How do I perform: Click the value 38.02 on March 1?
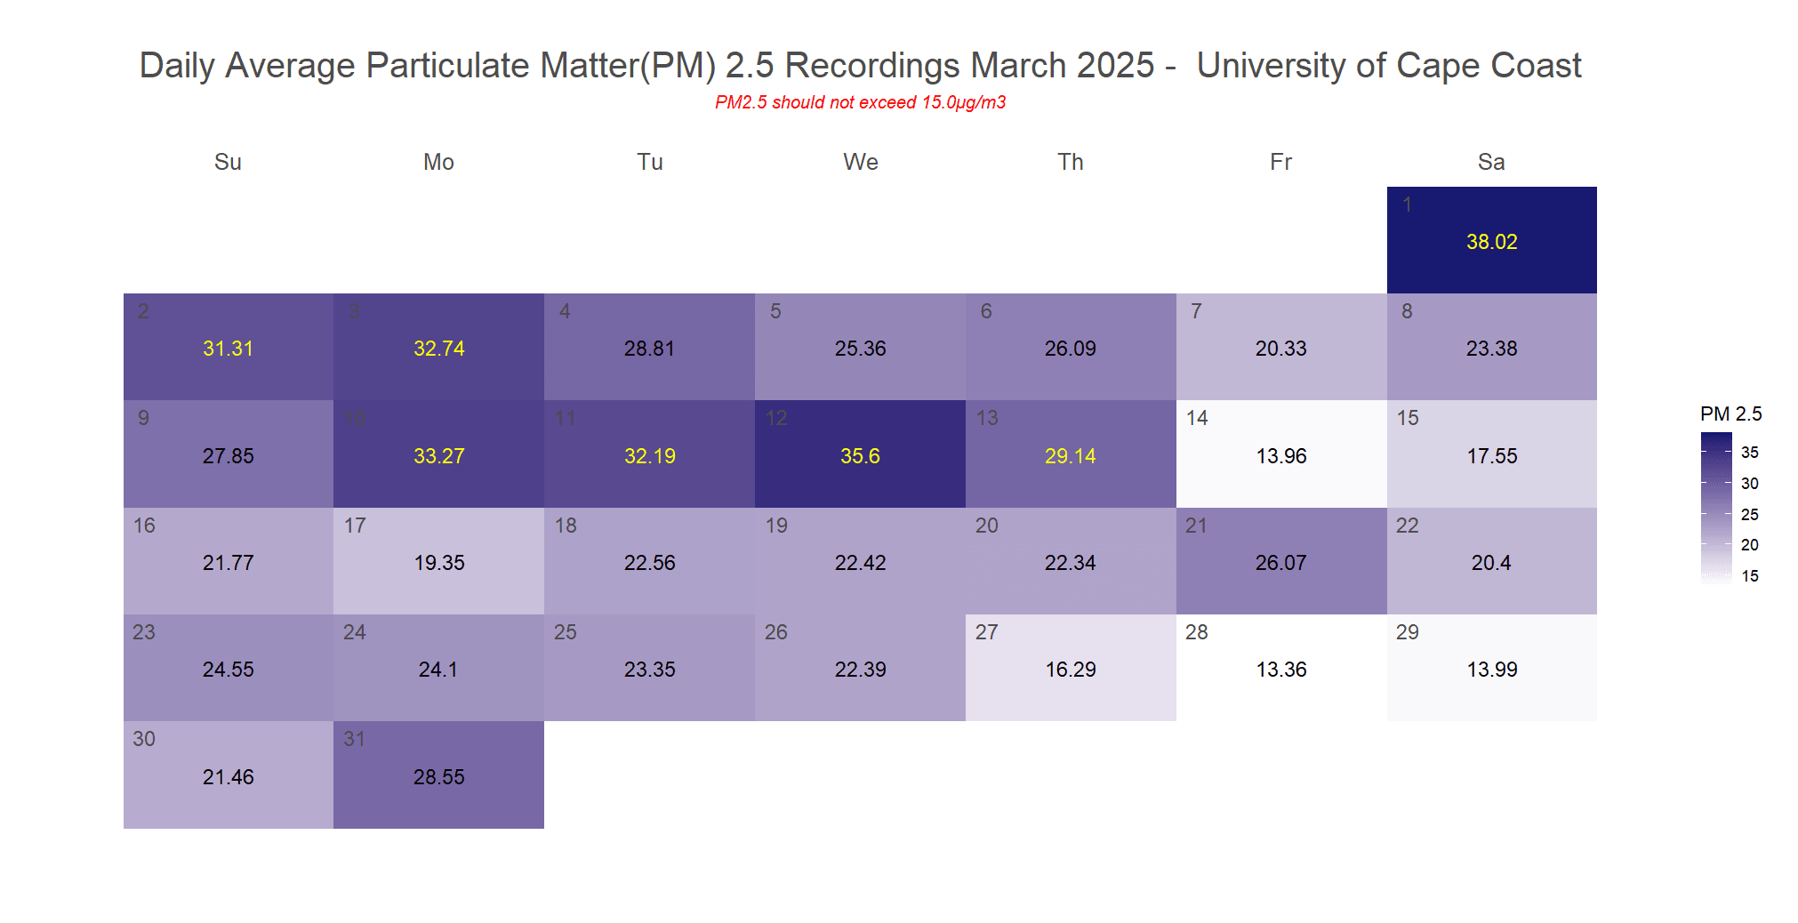[1491, 242]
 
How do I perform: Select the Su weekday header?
[228, 162]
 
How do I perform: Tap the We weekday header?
[860, 162]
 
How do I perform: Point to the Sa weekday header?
[1491, 162]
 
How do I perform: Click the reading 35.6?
[860, 456]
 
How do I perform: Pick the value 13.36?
[1280, 670]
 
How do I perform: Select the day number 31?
[354, 739]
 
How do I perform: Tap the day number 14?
[1197, 418]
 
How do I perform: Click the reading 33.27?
[438, 456]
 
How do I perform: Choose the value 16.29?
[1070, 670]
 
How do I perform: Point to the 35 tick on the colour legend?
[1749, 453]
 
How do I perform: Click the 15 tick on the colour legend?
[1749, 576]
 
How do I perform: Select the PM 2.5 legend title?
[1730, 413]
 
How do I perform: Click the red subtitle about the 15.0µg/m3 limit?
[860, 102]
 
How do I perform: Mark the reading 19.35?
[438, 563]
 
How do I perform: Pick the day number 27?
[986, 632]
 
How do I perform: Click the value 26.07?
[1280, 563]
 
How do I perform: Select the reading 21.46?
[228, 777]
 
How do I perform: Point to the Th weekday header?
[1070, 162]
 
